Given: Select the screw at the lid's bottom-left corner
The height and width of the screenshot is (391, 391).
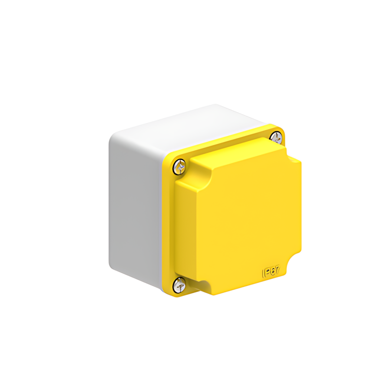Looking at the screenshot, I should [179, 285].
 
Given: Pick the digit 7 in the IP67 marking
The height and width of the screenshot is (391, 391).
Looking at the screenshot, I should [278, 270].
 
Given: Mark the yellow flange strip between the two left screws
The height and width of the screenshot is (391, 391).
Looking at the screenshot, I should [168, 226].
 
